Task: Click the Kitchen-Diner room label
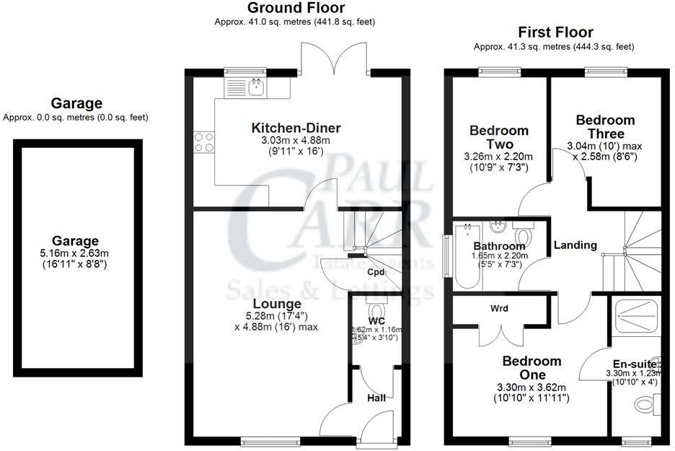click(x=296, y=128)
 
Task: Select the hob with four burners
click(x=203, y=141)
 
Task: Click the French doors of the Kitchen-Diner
click(x=334, y=59)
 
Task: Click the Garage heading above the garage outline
click(x=76, y=103)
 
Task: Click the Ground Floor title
click(x=296, y=9)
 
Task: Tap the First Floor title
click(x=555, y=32)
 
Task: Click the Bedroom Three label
click(x=605, y=127)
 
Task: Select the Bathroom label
click(x=499, y=246)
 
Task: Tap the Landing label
click(x=575, y=245)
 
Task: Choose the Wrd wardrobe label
click(x=499, y=308)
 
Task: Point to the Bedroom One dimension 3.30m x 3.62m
click(x=531, y=387)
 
